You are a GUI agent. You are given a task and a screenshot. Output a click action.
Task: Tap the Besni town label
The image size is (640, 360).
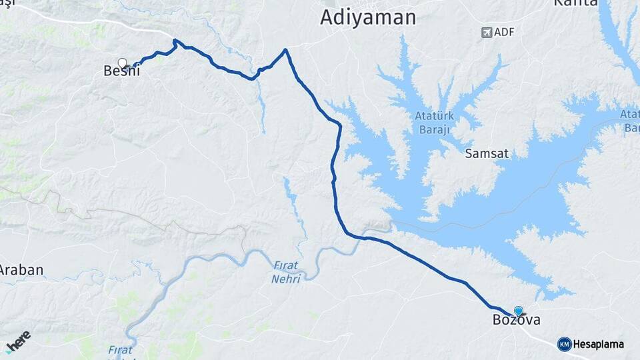[122, 71]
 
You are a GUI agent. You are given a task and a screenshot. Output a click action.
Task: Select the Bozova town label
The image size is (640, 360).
[516, 321]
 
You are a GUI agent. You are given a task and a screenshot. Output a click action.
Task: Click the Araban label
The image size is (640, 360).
[21, 270]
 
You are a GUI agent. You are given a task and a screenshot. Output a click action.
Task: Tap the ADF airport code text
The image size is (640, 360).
[506, 32]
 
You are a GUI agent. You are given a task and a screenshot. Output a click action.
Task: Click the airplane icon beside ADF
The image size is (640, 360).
[487, 32]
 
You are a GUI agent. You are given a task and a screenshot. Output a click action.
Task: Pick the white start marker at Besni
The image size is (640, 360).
[122, 63]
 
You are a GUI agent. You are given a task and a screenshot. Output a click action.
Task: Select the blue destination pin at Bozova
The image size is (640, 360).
[519, 310]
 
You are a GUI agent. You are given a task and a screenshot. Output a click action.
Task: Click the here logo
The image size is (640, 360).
[18, 340]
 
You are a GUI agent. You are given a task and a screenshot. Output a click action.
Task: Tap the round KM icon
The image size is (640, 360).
[564, 344]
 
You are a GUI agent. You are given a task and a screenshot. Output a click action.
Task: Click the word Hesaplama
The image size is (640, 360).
[599, 345]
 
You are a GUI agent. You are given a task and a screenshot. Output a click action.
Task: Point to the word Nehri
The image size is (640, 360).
[286, 278]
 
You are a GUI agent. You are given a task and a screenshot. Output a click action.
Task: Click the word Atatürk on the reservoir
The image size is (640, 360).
[434, 116]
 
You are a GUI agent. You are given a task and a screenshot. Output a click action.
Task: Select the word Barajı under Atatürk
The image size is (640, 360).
[434, 129]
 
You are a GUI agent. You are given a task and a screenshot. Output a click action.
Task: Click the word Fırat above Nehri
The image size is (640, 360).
[286, 265]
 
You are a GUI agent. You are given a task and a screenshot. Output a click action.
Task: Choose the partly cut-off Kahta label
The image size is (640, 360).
[575, 3]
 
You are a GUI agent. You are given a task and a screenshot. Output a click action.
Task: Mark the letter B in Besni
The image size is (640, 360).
[109, 71]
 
